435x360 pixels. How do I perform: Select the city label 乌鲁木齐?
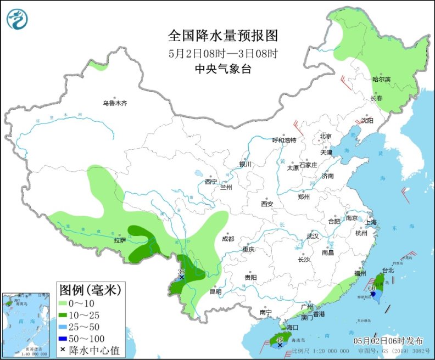114,103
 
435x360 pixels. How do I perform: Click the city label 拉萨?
120,240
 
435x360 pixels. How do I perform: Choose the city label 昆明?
216,292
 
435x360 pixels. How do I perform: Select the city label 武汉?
313,236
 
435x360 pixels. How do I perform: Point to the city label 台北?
388,271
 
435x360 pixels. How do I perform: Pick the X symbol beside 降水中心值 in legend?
64,350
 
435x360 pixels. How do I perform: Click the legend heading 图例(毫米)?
90,289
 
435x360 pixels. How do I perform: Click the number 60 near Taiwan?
372,288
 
